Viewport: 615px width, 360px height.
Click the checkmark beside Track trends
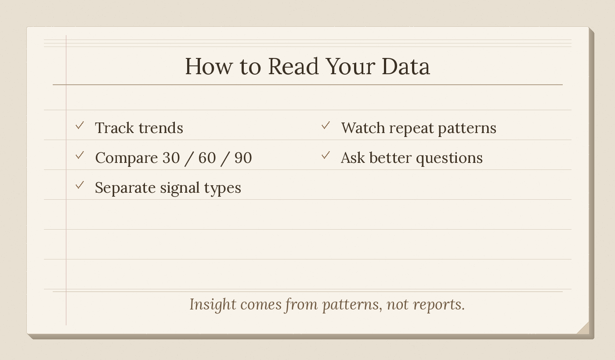pyautogui.click(x=80, y=126)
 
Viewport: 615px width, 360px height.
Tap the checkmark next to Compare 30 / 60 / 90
pyautogui.click(x=80, y=156)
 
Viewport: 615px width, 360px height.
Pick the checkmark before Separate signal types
pyautogui.click(x=80, y=186)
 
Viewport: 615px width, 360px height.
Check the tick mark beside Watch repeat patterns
pyautogui.click(x=326, y=126)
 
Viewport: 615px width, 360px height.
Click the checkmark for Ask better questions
pyautogui.click(x=326, y=156)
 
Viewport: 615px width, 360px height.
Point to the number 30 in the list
pyautogui.click(x=171, y=158)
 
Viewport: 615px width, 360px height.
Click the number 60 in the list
pyautogui.click(x=207, y=158)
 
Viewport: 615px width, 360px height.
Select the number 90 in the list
pyautogui.click(x=243, y=158)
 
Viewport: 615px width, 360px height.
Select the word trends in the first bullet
pyautogui.click(x=161, y=128)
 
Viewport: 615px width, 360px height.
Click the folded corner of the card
pyautogui.click(x=583, y=328)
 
